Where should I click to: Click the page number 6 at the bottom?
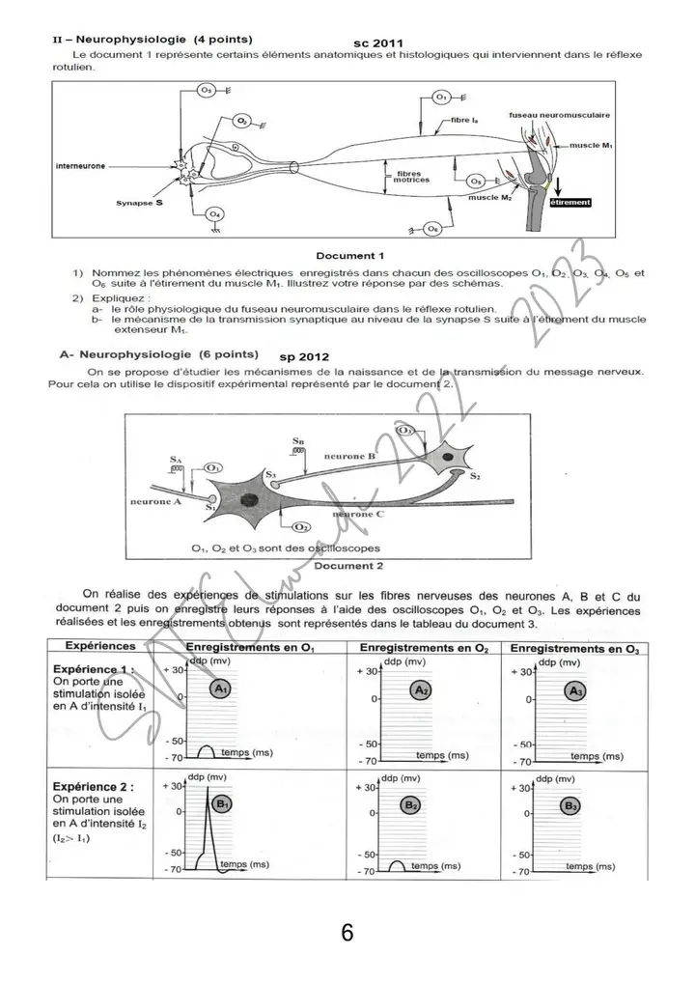347,934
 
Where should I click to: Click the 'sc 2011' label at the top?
378,43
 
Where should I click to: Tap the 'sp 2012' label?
305,356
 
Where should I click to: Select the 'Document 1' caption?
350,256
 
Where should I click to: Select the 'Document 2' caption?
348,566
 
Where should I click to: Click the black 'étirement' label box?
569,203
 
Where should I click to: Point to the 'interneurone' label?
80,165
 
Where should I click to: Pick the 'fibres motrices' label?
412,177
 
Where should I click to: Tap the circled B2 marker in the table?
410,804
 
